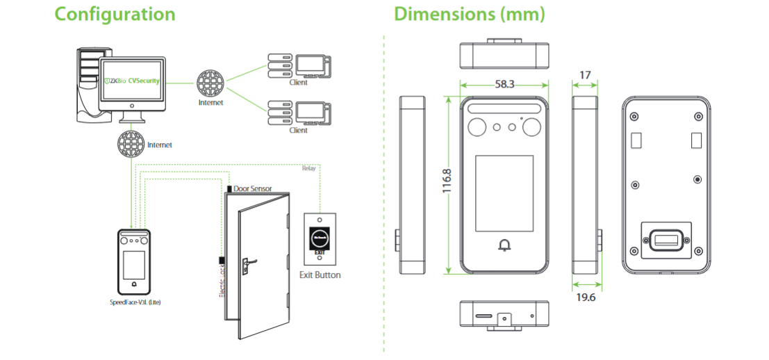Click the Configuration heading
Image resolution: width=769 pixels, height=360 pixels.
tap(115, 14)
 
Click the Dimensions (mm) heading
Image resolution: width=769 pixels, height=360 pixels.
tap(469, 14)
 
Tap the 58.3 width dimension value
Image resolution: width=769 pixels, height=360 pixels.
tap(504, 83)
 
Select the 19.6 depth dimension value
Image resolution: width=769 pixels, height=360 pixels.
tap(586, 297)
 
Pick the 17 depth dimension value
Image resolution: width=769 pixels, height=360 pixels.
tap(585, 74)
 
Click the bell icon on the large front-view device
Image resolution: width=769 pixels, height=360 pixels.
tap(504, 245)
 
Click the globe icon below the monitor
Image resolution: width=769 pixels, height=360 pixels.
tap(131, 145)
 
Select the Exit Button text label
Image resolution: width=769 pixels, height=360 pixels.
tap(320, 275)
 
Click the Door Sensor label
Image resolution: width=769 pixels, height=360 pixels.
tap(252, 188)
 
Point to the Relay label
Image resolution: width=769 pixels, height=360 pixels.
tap(308, 168)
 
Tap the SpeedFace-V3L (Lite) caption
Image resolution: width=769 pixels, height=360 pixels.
tap(135, 302)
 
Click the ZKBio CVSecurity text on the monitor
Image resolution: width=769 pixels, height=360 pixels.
tap(132, 81)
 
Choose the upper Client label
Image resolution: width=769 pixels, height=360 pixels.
tap(298, 83)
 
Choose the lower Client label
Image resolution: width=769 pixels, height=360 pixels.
tap(298, 130)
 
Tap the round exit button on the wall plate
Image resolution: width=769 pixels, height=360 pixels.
tap(320, 238)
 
